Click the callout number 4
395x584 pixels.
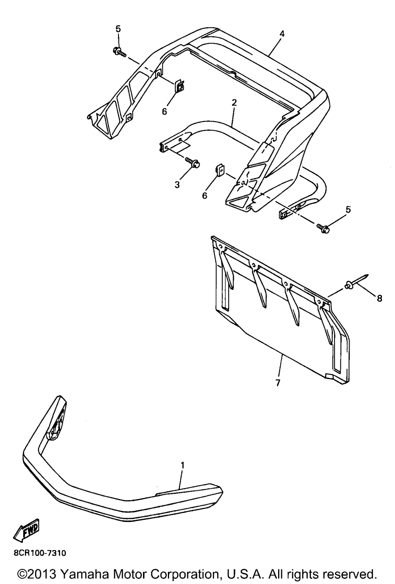tap(282, 34)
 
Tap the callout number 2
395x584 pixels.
tap(234, 103)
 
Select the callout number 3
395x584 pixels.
tap(177, 184)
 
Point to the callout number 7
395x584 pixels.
tap(278, 382)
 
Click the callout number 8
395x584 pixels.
tap(380, 299)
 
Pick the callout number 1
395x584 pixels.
tap(182, 466)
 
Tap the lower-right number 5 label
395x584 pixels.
tap(348, 209)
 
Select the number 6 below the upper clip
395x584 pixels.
tap(164, 111)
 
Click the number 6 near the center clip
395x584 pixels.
tap(205, 195)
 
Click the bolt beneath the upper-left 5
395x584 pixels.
tap(119, 52)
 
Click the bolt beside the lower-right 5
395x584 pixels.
tap(323, 227)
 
